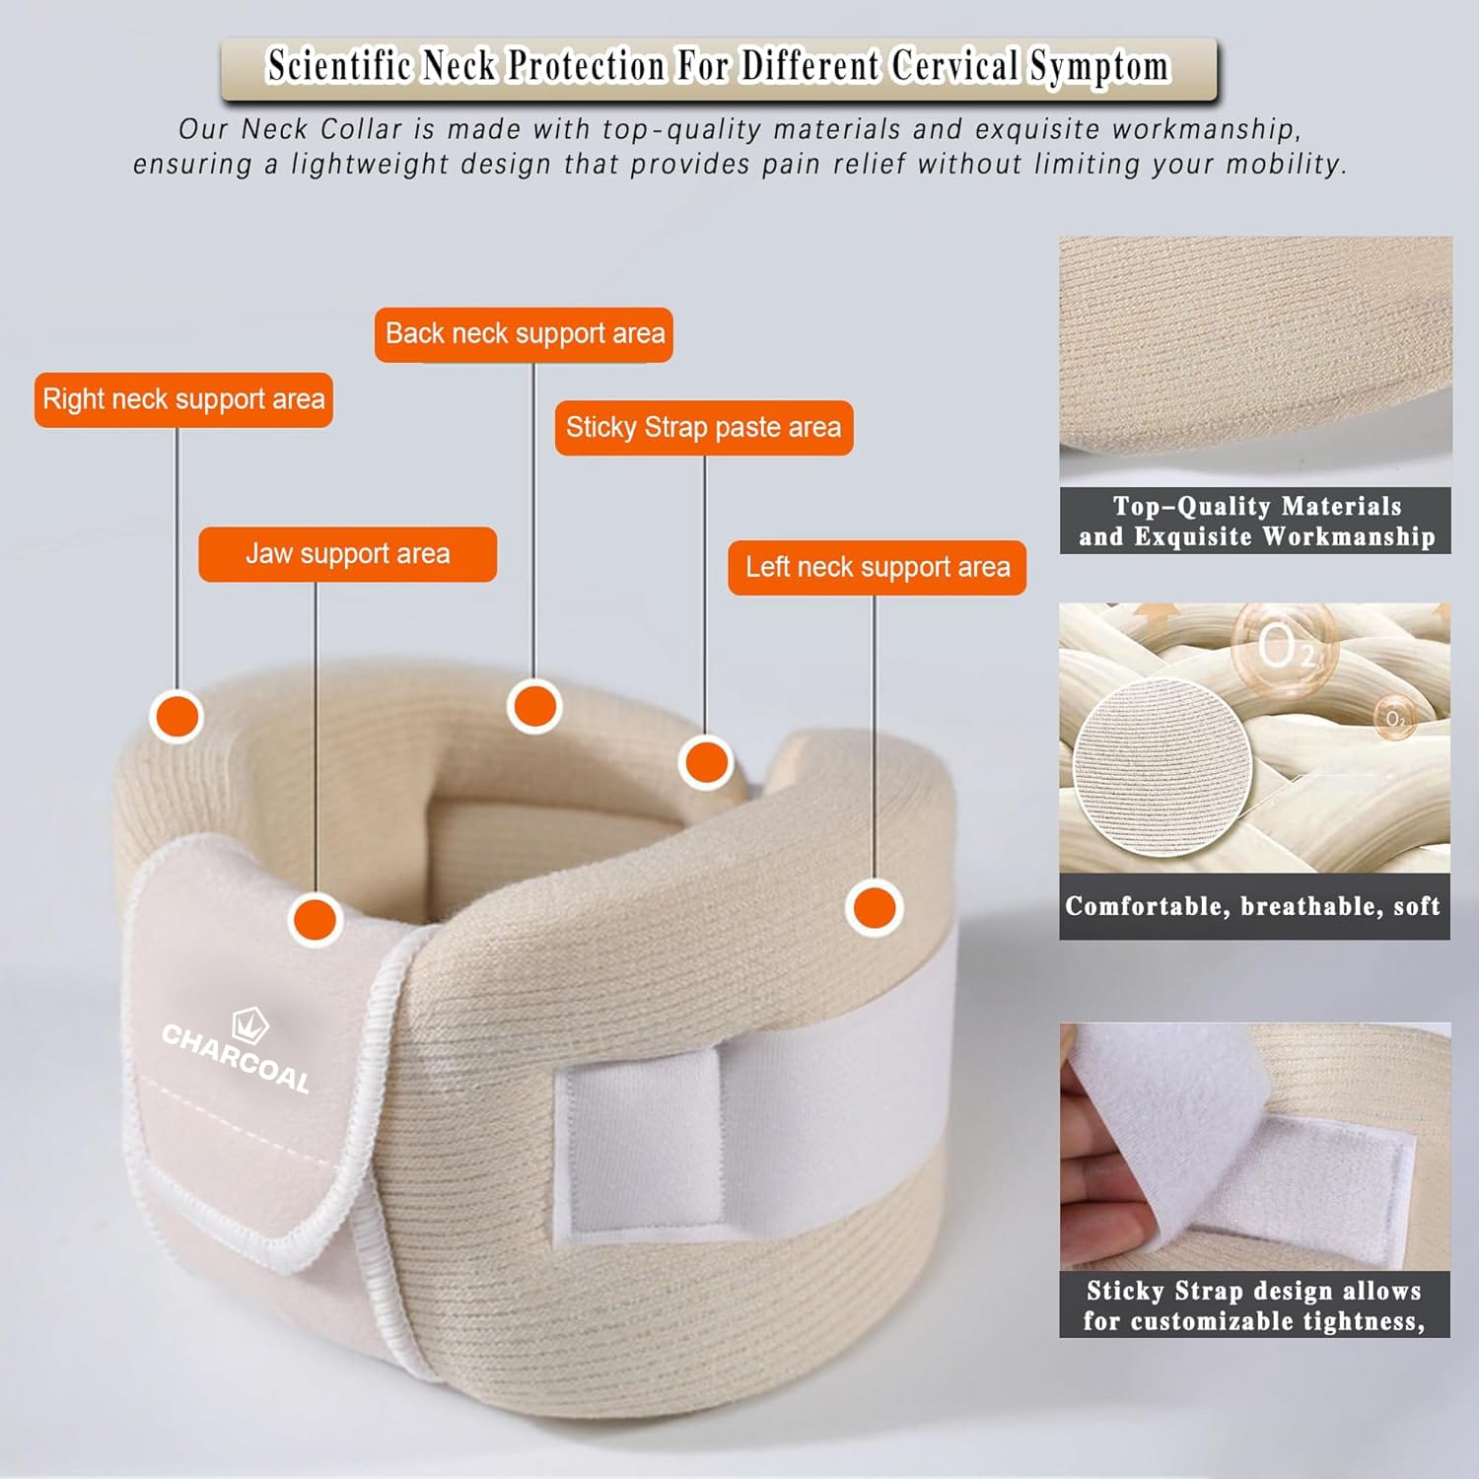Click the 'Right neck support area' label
[183, 399]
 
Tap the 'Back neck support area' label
[524, 334]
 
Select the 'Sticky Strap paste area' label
[704, 428]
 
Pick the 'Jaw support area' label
[347, 554]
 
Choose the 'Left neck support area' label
[878, 568]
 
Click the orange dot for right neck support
[176, 716]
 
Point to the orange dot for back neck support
[534, 707]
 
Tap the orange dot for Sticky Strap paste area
[706, 762]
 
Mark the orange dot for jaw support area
[316, 919]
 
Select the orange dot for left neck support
[874, 908]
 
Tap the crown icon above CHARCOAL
[250, 1025]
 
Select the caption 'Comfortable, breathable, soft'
[1253, 906]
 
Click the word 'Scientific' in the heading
[339, 66]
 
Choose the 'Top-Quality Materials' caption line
[1257, 506]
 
